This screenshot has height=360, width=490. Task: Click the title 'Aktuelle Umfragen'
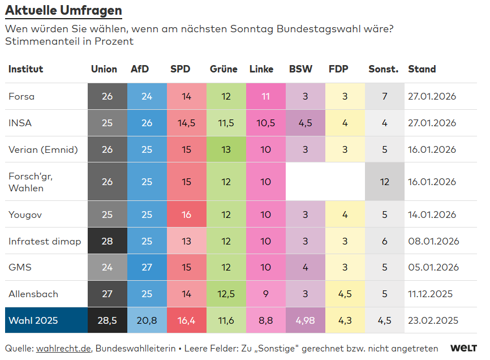coord(63,11)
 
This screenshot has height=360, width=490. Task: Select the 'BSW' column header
coord(300,69)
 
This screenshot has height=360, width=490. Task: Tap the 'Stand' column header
coord(422,69)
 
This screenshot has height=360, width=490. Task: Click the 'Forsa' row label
coord(22,96)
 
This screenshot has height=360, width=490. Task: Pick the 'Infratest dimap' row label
coord(45,241)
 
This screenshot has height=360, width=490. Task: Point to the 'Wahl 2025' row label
coord(33,320)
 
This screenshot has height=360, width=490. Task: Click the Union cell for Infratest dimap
coord(107,241)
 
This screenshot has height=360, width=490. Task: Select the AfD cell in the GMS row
coord(147,267)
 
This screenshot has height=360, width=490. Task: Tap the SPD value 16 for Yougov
coord(186,215)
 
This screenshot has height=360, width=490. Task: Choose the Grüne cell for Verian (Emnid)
coord(226,149)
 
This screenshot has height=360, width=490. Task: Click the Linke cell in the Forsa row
coord(265,96)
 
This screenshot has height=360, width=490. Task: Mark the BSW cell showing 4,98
coord(305,320)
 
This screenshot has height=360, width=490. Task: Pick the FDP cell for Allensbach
coord(345,294)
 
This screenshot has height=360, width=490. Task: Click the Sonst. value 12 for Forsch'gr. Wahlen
coord(384,182)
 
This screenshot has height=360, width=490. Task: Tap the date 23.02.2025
coord(432,320)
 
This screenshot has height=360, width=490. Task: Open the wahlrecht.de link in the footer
coord(63,348)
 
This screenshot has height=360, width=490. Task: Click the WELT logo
coord(463,348)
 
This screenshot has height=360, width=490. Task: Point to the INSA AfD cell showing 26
coord(147,123)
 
